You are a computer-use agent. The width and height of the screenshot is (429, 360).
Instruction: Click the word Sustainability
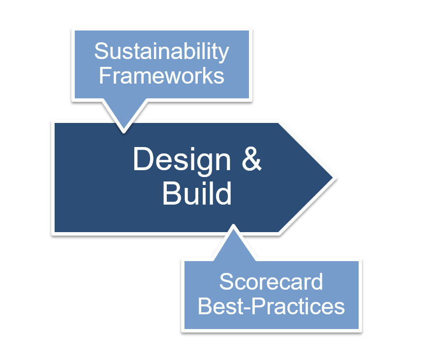pyautogui.click(x=161, y=52)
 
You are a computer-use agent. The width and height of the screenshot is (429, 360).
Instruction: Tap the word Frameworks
pyautogui.click(x=161, y=76)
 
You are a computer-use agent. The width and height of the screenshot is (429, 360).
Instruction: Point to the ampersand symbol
pyautogui.click(x=252, y=159)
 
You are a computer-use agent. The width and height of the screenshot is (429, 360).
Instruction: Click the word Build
pyautogui.click(x=197, y=193)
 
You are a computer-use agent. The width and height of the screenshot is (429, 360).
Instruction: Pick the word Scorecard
pyautogui.click(x=271, y=281)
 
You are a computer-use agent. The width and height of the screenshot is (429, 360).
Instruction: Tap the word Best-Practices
pyautogui.click(x=271, y=306)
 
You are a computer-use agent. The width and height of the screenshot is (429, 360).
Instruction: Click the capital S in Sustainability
pyautogui.click(x=101, y=51)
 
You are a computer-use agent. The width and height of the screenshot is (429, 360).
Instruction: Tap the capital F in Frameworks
pyautogui.click(x=105, y=75)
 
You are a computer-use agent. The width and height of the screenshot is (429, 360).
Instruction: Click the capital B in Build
pyautogui.click(x=172, y=193)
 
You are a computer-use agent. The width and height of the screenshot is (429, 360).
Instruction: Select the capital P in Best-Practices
pyautogui.click(x=258, y=306)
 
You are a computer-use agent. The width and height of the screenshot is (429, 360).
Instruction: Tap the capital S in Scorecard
pyautogui.click(x=226, y=281)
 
